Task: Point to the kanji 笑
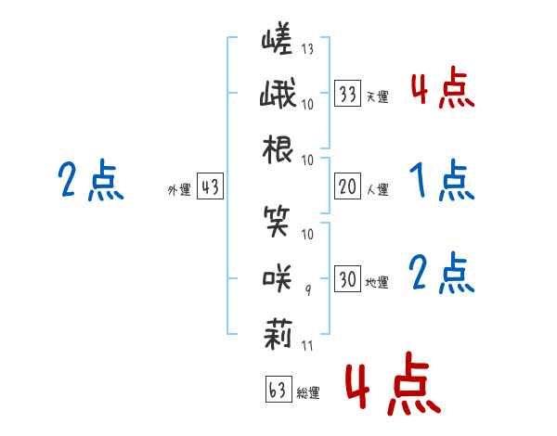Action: (278, 222)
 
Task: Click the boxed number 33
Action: (348, 94)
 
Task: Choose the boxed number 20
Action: (348, 186)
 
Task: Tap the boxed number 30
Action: (348, 279)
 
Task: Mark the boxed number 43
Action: (210, 187)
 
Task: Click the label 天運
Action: (378, 96)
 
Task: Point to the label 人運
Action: (378, 189)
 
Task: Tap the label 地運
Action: (378, 282)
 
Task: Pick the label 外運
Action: (178, 190)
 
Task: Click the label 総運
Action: (308, 393)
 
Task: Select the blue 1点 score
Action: (441, 180)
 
